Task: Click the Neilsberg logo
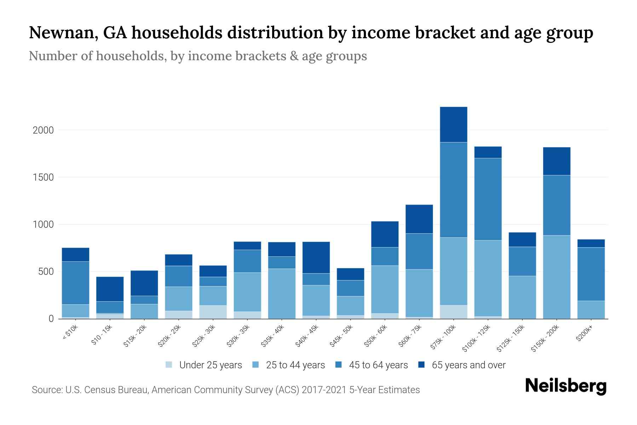tap(566, 386)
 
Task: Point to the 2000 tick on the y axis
tap(43, 130)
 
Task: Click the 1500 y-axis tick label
tap(43, 177)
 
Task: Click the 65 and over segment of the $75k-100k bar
tap(453, 124)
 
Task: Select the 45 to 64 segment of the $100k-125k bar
tap(488, 199)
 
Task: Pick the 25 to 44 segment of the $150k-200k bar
tap(556, 277)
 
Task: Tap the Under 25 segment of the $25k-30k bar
tap(213, 312)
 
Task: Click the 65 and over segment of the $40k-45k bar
tap(316, 257)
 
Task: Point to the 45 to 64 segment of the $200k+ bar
tap(591, 274)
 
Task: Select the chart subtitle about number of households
tap(197, 56)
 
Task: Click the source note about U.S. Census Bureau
tap(225, 390)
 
